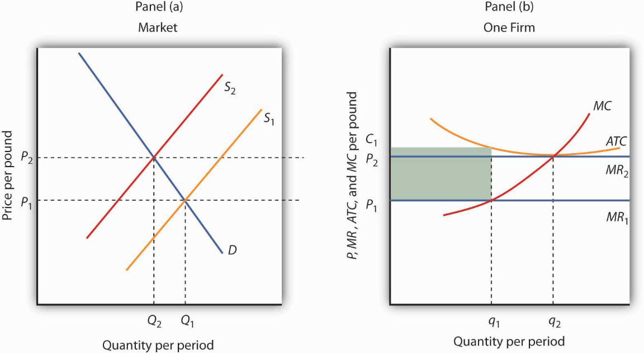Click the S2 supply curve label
[229, 88]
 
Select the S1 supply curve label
[269, 119]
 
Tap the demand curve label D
[231, 250]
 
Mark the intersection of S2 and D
[154, 157]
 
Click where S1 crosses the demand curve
[185, 200]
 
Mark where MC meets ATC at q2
[553, 155]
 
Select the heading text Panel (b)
[509, 8]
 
